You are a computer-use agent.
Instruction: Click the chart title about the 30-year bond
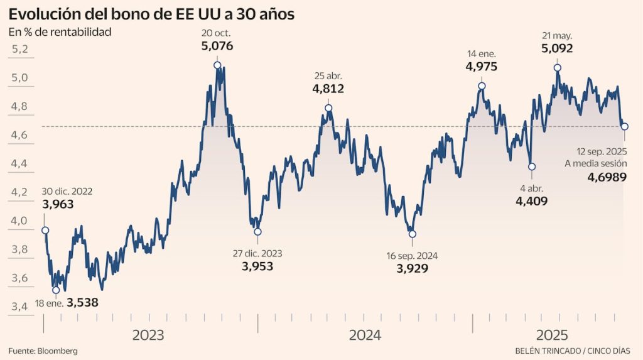click(151, 14)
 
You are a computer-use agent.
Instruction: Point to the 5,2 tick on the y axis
click(21, 49)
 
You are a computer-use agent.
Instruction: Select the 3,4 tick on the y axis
click(21, 307)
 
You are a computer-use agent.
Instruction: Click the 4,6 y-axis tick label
click(21, 135)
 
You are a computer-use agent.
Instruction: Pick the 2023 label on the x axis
click(148, 335)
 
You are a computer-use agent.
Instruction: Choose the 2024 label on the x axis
click(365, 335)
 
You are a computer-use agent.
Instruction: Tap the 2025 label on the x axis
click(553, 335)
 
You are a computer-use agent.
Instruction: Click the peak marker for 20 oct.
click(217, 65)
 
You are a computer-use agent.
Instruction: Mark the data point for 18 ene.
click(56, 290)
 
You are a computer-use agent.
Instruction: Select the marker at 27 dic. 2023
click(257, 232)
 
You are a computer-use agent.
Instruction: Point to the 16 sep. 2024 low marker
click(412, 234)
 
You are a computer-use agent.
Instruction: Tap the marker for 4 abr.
click(532, 166)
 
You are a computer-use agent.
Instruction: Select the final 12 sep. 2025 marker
click(625, 127)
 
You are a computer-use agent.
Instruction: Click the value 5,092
click(557, 48)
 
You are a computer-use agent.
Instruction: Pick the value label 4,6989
click(607, 178)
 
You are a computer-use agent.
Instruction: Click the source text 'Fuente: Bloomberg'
click(43, 351)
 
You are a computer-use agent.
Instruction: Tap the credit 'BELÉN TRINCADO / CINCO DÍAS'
click(573, 351)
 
